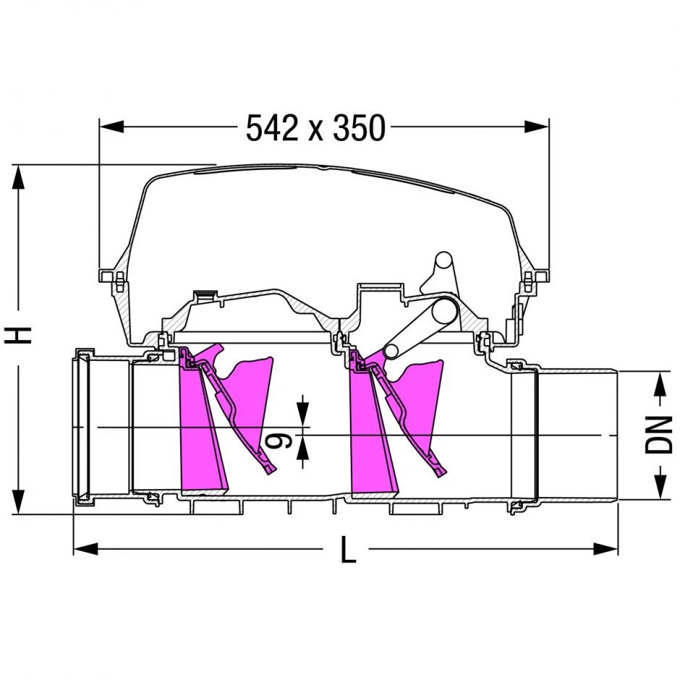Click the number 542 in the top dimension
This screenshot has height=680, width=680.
[x=272, y=128]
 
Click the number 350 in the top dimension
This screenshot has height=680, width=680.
[x=359, y=128]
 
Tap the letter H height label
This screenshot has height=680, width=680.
[x=18, y=335]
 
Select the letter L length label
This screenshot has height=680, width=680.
[x=348, y=550]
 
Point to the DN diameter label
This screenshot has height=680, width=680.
[x=658, y=435]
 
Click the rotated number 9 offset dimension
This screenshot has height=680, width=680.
[x=278, y=441]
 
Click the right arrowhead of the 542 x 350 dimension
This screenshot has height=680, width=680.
[x=537, y=127]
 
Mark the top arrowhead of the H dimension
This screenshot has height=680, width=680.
[x=18, y=177]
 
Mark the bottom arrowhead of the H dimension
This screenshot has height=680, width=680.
[x=18, y=502]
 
